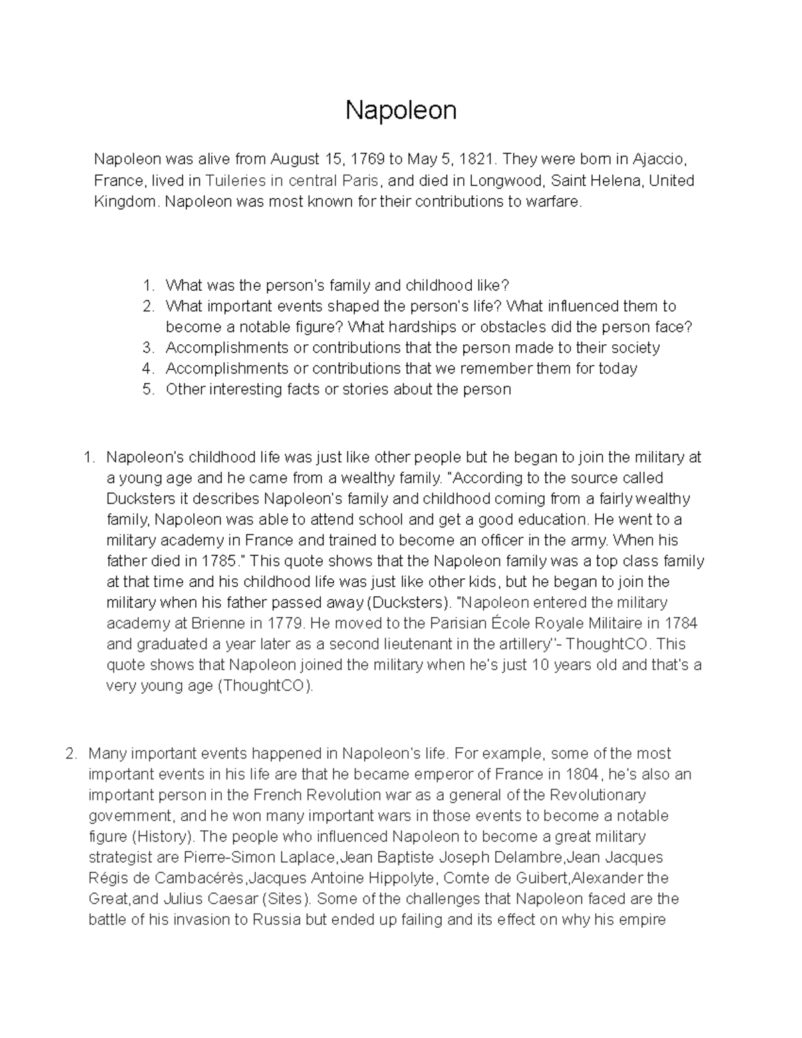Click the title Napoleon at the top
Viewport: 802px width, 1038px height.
pyautogui.click(x=400, y=110)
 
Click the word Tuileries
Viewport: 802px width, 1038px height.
pyautogui.click(x=234, y=180)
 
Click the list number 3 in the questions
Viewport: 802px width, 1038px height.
pyautogui.click(x=148, y=348)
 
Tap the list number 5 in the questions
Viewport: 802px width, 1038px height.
pyautogui.click(x=148, y=389)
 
